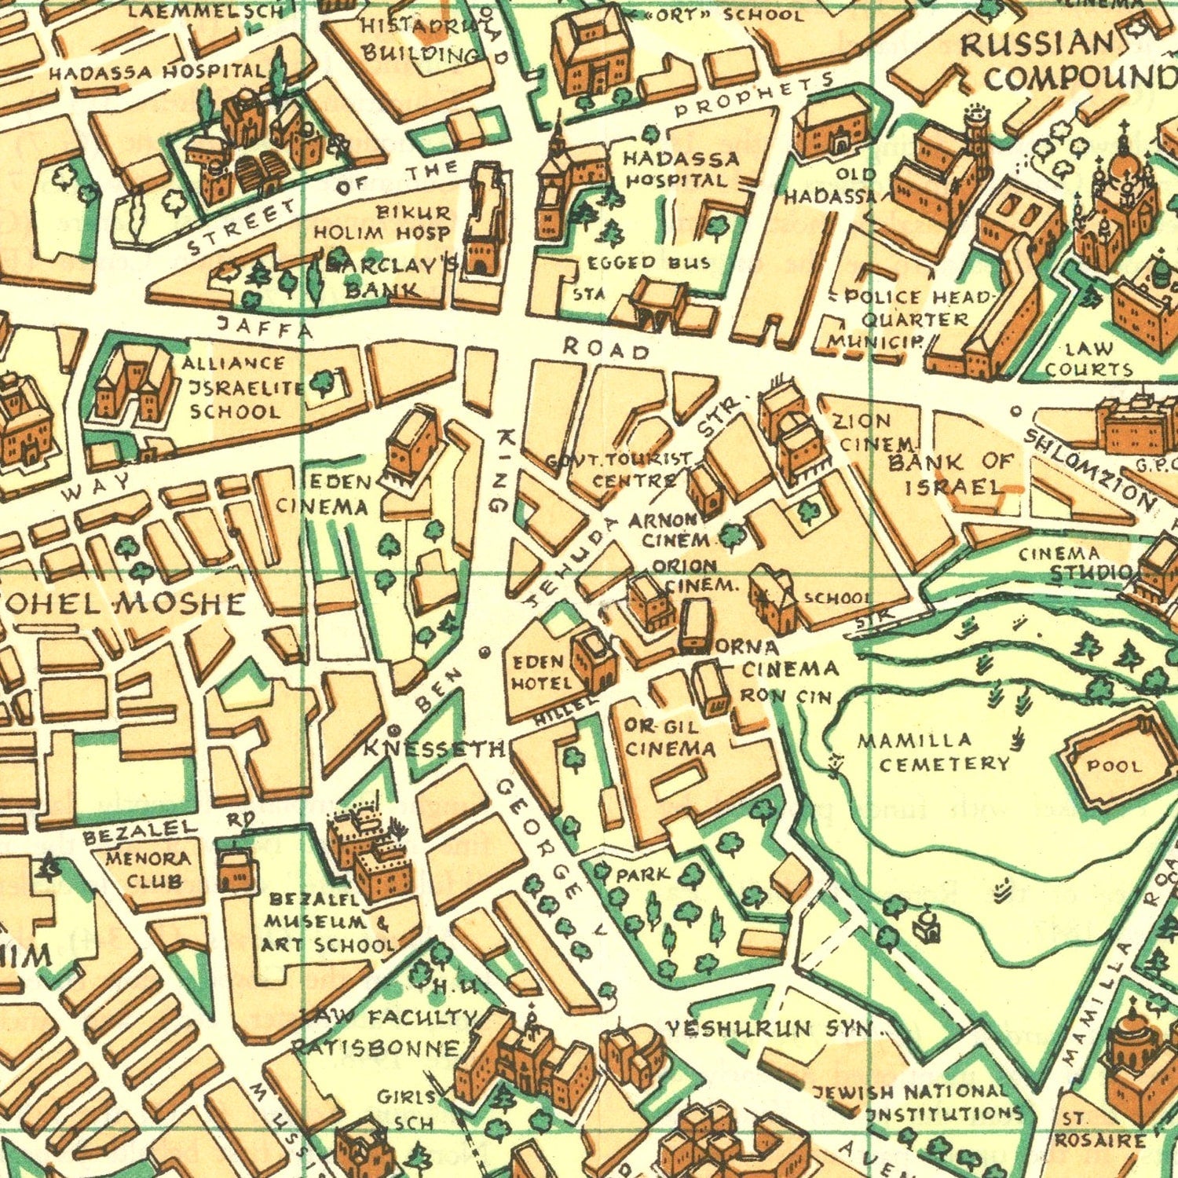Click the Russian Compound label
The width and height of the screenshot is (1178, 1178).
click(x=1064, y=61)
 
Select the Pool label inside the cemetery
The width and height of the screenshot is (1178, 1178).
click(x=1113, y=765)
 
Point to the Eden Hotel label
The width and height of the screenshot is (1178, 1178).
click(x=540, y=672)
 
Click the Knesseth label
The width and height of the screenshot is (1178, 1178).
click(x=434, y=749)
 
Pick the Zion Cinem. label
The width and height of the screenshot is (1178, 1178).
click(x=864, y=433)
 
